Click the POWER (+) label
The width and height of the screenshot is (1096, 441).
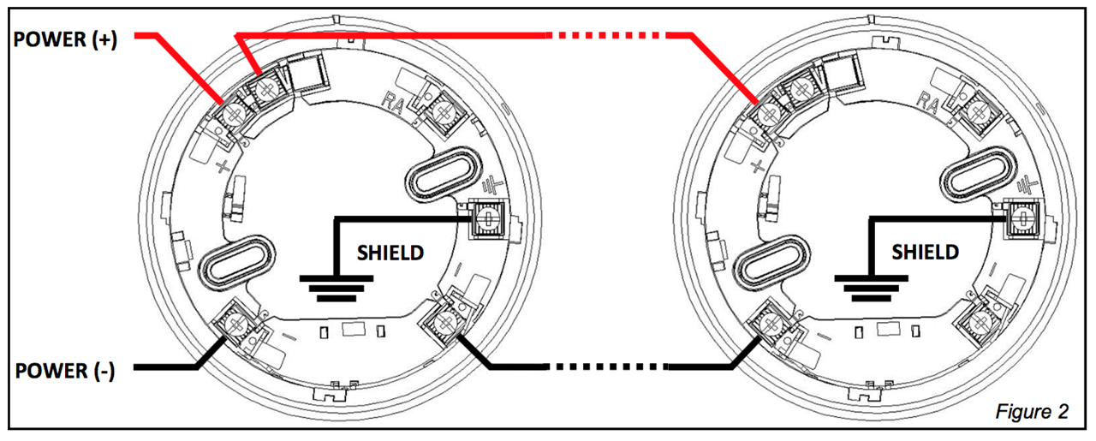[65, 39]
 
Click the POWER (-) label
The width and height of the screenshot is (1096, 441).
[65, 371]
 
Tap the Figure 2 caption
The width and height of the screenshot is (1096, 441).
[1032, 412]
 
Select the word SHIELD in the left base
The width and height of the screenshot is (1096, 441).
[390, 253]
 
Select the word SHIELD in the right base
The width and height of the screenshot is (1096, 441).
[926, 252]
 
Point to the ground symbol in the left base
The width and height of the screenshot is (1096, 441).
[337, 289]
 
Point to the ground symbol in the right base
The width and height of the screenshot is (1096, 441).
[872, 289]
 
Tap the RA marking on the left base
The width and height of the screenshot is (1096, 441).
[393, 103]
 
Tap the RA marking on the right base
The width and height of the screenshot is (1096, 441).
[927, 103]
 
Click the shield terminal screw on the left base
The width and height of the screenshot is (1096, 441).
[486, 218]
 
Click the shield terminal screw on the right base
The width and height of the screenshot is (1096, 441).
[1022, 218]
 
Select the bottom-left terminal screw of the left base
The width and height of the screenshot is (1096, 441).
[237, 323]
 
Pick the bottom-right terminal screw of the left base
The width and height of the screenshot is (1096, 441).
[444, 322]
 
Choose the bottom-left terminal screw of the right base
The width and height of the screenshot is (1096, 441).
[771, 323]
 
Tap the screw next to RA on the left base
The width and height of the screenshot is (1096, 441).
[444, 112]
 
